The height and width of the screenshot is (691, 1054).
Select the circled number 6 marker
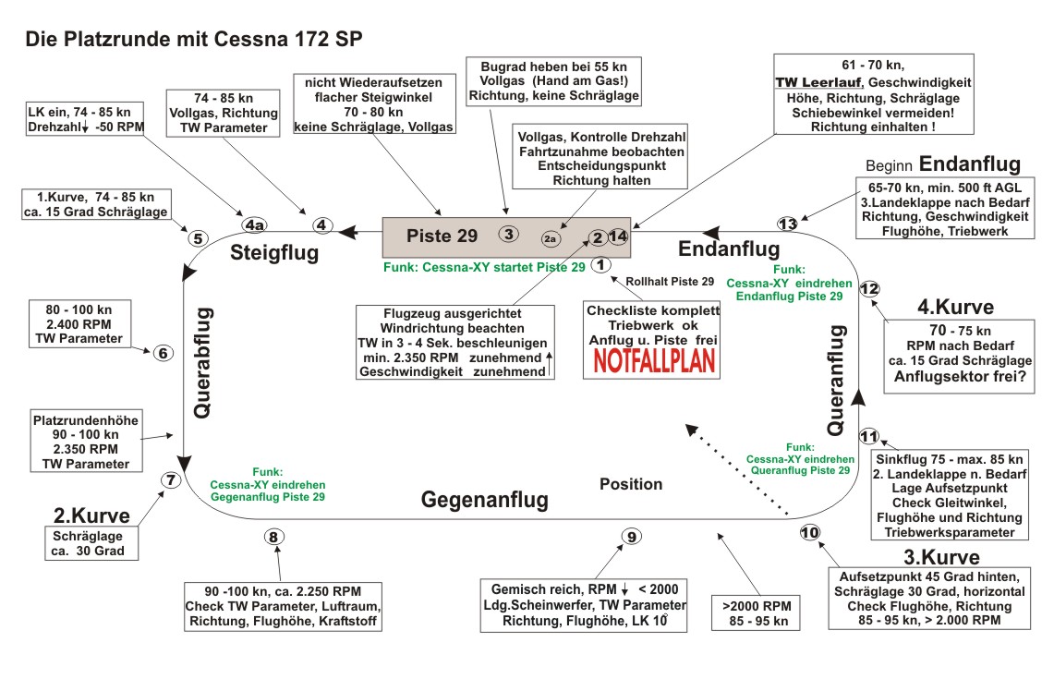tap(163, 353)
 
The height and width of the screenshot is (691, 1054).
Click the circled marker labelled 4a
tap(254, 224)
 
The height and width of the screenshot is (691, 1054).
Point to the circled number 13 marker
tap(787, 224)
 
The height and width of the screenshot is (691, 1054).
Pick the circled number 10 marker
tap(809, 533)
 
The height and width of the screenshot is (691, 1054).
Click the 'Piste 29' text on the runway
tap(442, 236)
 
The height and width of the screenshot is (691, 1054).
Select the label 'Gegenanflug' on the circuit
tap(485, 500)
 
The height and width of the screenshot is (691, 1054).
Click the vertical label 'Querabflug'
tap(203, 365)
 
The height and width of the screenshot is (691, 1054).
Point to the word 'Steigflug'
tap(274, 251)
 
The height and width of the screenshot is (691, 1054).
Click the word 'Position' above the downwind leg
tap(631, 484)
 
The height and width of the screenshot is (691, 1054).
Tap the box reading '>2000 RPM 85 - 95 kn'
tap(756, 612)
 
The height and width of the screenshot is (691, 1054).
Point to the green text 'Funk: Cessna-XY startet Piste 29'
tap(484, 268)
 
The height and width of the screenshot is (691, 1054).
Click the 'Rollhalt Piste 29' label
tap(670, 281)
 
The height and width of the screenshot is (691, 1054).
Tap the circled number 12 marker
tap(869, 288)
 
